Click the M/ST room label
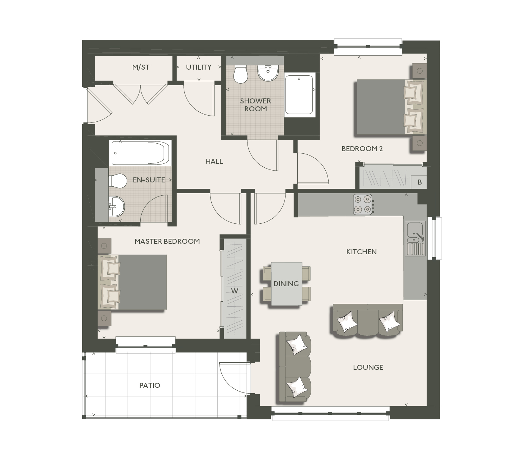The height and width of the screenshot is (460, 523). [x=141, y=67]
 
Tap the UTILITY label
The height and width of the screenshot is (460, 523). [x=198, y=67]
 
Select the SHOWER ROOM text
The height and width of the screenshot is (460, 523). [x=255, y=105]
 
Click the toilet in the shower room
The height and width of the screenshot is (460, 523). [x=240, y=74]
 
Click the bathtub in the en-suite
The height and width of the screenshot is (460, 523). [x=140, y=153]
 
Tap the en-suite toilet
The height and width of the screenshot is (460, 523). [x=118, y=181]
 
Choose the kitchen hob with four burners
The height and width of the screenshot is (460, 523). [x=363, y=204]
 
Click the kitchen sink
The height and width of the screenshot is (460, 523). [x=415, y=232]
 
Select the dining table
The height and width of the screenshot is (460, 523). [x=286, y=284]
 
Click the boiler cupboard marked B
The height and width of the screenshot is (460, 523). [x=419, y=182]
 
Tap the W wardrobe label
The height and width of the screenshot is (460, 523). [x=235, y=291]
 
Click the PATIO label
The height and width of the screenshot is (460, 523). [x=150, y=385]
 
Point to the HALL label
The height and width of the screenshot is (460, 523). [x=214, y=162]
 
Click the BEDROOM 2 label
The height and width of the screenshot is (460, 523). [x=362, y=149]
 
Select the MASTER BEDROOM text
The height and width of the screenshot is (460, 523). [x=167, y=241]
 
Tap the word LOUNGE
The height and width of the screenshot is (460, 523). [x=368, y=367]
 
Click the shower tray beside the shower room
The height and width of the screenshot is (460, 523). [x=300, y=95]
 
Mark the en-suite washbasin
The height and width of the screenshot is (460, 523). [x=116, y=206]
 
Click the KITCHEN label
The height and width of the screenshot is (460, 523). [x=362, y=252]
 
